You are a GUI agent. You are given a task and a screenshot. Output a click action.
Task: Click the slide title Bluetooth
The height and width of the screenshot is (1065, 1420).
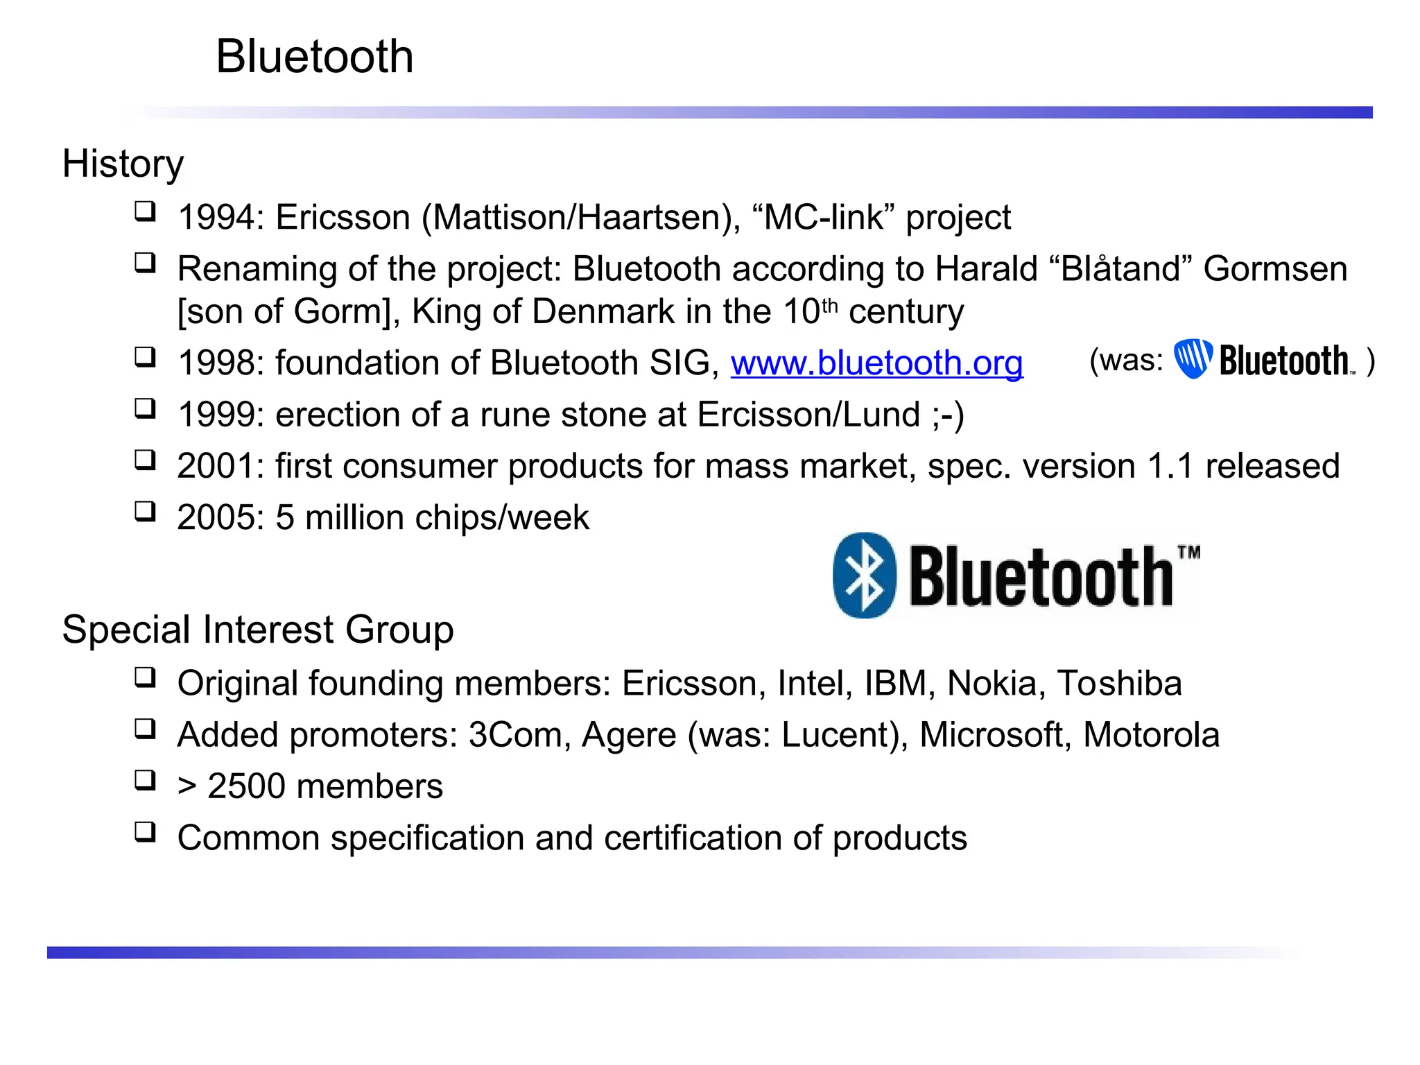(x=314, y=56)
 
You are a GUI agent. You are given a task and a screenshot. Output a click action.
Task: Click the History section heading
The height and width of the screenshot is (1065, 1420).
(x=123, y=164)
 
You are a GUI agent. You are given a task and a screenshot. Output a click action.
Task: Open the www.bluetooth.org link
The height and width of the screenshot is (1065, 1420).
(x=876, y=363)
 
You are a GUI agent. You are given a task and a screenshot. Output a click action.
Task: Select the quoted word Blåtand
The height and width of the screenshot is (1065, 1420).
(x=1120, y=269)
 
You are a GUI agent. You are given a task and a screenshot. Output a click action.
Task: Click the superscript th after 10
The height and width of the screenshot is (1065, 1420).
(x=830, y=305)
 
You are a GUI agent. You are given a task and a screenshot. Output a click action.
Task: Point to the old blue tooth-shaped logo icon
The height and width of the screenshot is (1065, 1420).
(x=1193, y=358)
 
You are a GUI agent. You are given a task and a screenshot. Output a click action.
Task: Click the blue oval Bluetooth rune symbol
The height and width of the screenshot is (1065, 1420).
(x=864, y=575)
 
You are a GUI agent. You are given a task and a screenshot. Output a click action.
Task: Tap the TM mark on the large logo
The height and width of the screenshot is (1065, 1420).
(x=1188, y=553)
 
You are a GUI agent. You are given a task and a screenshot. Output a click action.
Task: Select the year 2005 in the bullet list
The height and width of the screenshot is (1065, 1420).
(x=216, y=517)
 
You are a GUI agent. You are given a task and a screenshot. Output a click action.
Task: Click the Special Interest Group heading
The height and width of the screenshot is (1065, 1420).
(x=257, y=630)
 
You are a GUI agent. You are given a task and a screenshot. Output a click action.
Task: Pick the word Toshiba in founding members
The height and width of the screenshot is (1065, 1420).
(x=1119, y=683)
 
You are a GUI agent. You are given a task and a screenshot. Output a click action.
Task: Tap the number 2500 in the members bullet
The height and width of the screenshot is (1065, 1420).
(x=246, y=786)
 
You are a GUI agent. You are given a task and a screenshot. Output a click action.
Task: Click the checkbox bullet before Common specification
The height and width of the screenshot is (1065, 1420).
(x=145, y=831)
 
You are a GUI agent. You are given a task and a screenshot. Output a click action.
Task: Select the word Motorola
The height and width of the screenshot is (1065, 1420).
(x=1151, y=735)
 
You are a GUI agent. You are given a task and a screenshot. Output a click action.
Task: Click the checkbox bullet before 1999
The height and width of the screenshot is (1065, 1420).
(x=145, y=408)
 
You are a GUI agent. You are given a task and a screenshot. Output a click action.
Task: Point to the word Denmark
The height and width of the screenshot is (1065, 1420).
(x=603, y=311)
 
